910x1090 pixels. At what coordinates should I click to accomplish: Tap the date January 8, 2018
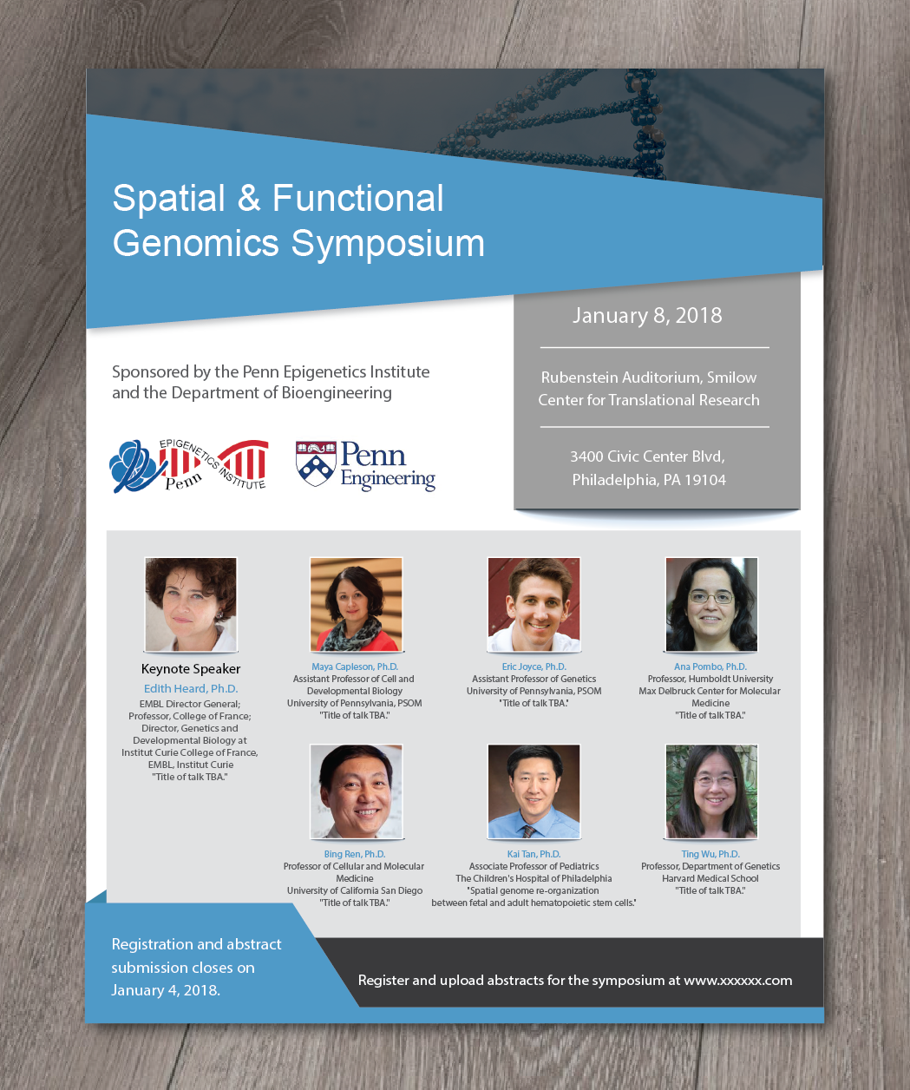(x=647, y=315)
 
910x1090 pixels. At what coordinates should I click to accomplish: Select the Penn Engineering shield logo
(x=316, y=463)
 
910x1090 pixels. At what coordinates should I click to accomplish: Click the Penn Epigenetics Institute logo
(x=189, y=465)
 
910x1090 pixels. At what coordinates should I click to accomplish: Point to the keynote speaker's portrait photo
(x=191, y=604)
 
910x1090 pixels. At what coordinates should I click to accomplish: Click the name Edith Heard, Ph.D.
(x=191, y=688)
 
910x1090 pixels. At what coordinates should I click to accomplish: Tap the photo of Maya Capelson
(x=356, y=604)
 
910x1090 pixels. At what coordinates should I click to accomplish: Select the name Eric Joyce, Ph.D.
(x=534, y=666)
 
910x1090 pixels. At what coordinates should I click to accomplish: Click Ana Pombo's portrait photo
(x=711, y=604)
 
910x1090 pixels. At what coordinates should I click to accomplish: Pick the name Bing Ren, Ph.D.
(x=354, y=854)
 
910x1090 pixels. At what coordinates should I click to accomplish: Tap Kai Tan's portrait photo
(x=534, y=791)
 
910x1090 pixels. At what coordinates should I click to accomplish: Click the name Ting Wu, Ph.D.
(x=710, y=854)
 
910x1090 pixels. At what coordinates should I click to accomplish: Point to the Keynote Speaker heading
(x=191, y=669)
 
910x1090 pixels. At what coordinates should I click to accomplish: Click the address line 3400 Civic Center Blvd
(x=647, y=456)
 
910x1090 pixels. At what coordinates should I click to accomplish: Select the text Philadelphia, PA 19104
(x=649, y=480)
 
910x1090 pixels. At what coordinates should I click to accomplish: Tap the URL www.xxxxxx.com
(x=738, y=980)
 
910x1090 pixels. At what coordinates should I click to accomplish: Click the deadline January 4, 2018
(x=166, y=990)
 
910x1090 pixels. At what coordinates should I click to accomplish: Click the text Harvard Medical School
(x=710, y=878)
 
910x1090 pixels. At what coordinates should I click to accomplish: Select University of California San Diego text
(x=355, y=890)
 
